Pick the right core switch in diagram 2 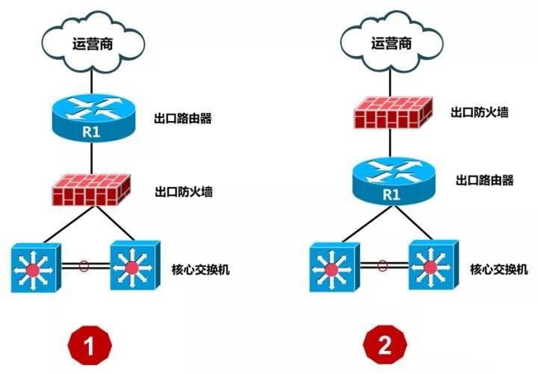tap(432, 266)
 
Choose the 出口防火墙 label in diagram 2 tap(480, 112)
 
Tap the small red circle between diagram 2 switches tap(383, 264)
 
